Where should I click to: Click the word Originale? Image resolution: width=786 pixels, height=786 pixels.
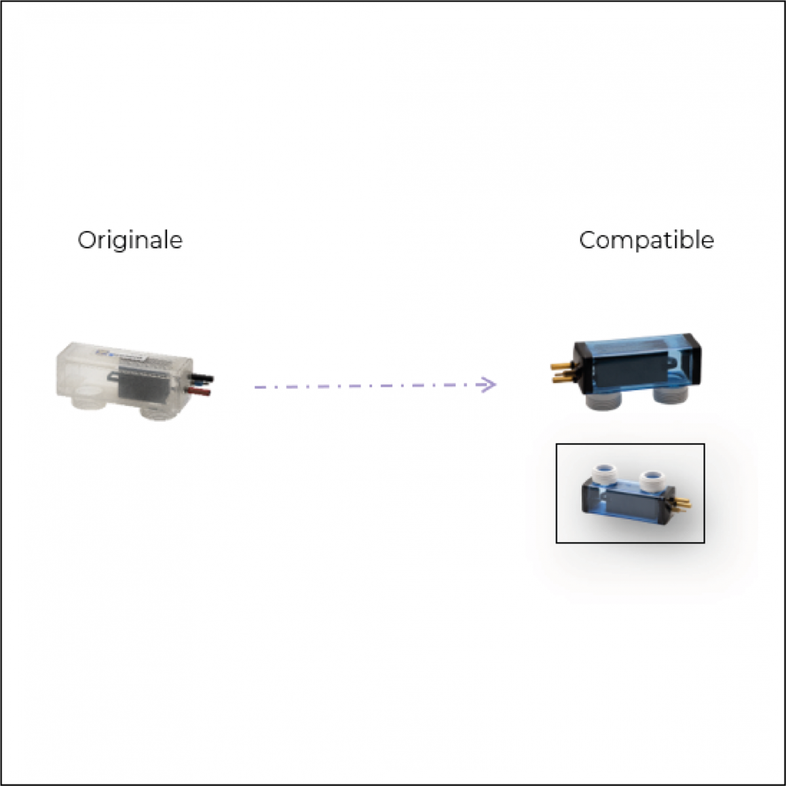point(130,240)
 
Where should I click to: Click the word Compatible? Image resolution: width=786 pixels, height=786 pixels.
point(646,240)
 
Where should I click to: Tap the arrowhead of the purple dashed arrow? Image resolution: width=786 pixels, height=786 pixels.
point(487,384)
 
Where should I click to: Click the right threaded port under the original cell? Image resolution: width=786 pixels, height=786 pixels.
point(157,412)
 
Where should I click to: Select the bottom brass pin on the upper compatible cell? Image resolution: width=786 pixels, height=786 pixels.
point(562,379)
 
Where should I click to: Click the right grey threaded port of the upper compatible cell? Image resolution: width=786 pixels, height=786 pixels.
point(670,395)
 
